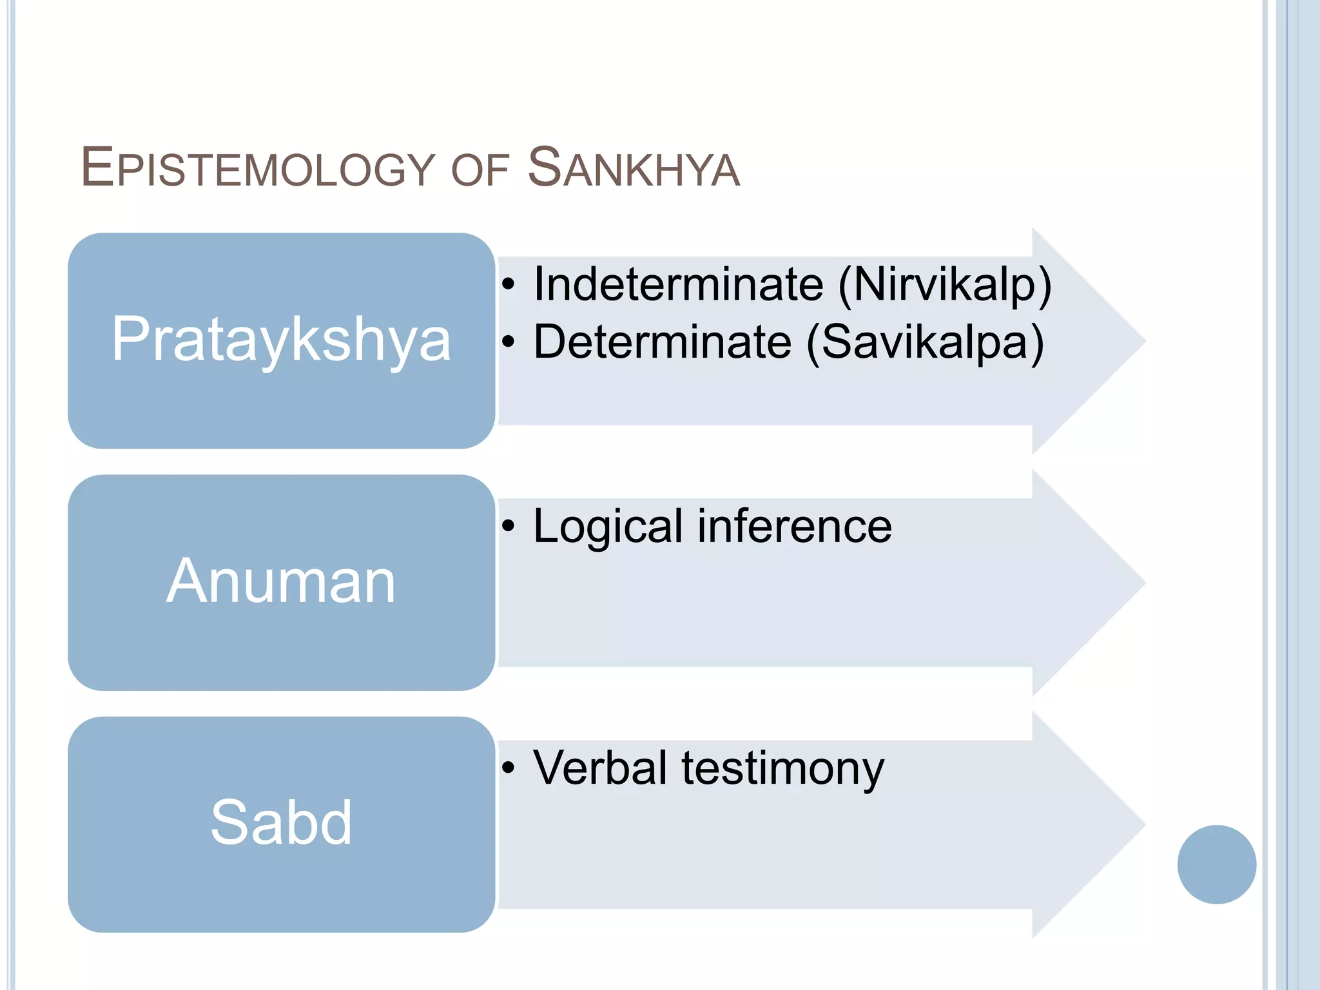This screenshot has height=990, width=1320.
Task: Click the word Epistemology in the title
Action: [x=258, y=169]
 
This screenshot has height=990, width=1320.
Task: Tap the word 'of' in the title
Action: [x=480, y=170]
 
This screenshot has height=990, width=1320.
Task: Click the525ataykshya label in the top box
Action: [x=281, y=340]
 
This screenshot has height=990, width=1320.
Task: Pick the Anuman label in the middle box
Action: [x=281, y=581]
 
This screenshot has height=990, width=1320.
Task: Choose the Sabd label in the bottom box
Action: [x=281, y=822]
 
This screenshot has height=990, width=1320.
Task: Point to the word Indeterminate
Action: [x=678, y=284]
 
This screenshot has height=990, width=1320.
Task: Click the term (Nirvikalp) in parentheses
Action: [x=944, y=284]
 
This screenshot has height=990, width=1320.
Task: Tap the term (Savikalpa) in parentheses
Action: [x=925, y=342]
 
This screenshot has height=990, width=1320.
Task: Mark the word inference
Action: [x=795, y=526]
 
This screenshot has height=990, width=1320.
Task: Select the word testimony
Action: [x=783, y=769]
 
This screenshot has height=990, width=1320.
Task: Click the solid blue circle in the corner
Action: [x=1216, y=864]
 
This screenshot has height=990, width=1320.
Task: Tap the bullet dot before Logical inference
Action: [x=509, y=526]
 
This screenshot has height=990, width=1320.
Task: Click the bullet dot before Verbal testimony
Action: [x=509, y=768]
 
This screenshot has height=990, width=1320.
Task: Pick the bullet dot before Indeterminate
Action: [x=509, y=284]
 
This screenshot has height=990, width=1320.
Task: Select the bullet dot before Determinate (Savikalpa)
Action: [x=509, y=342]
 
